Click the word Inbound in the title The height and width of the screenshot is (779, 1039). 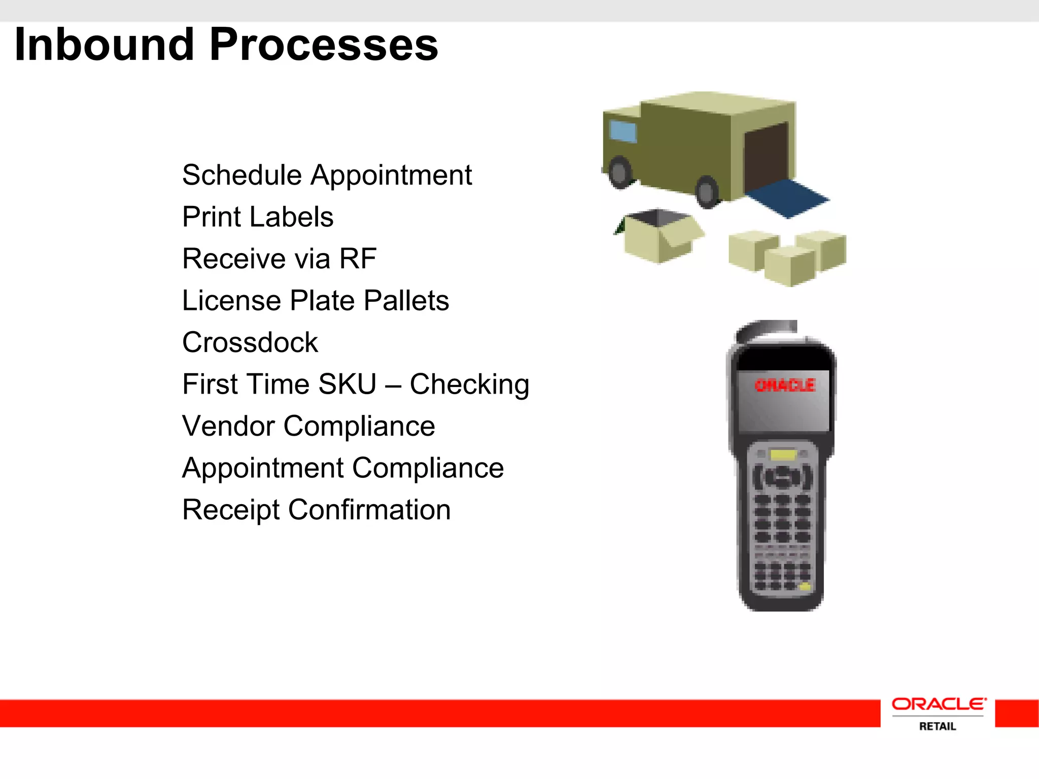105,45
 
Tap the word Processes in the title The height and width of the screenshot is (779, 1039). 324,45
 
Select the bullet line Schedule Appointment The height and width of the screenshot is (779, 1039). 327,175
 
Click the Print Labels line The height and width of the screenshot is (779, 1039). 258,217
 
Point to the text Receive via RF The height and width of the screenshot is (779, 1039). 279,259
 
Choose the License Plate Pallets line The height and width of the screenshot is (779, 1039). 316,300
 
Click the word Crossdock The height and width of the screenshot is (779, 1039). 250,342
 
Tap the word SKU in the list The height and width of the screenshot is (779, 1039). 347,384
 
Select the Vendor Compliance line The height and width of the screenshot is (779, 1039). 308,426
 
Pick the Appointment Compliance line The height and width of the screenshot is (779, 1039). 343,468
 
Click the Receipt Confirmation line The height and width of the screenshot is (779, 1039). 316,510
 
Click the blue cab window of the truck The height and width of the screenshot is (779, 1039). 622,131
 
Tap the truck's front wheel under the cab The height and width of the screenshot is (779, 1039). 620,172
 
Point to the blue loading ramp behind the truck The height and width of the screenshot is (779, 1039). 786,198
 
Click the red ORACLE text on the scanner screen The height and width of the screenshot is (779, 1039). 784,385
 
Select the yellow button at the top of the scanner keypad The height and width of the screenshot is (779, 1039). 783,454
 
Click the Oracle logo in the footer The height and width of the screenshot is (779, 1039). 939,704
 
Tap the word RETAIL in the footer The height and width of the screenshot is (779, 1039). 938,726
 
